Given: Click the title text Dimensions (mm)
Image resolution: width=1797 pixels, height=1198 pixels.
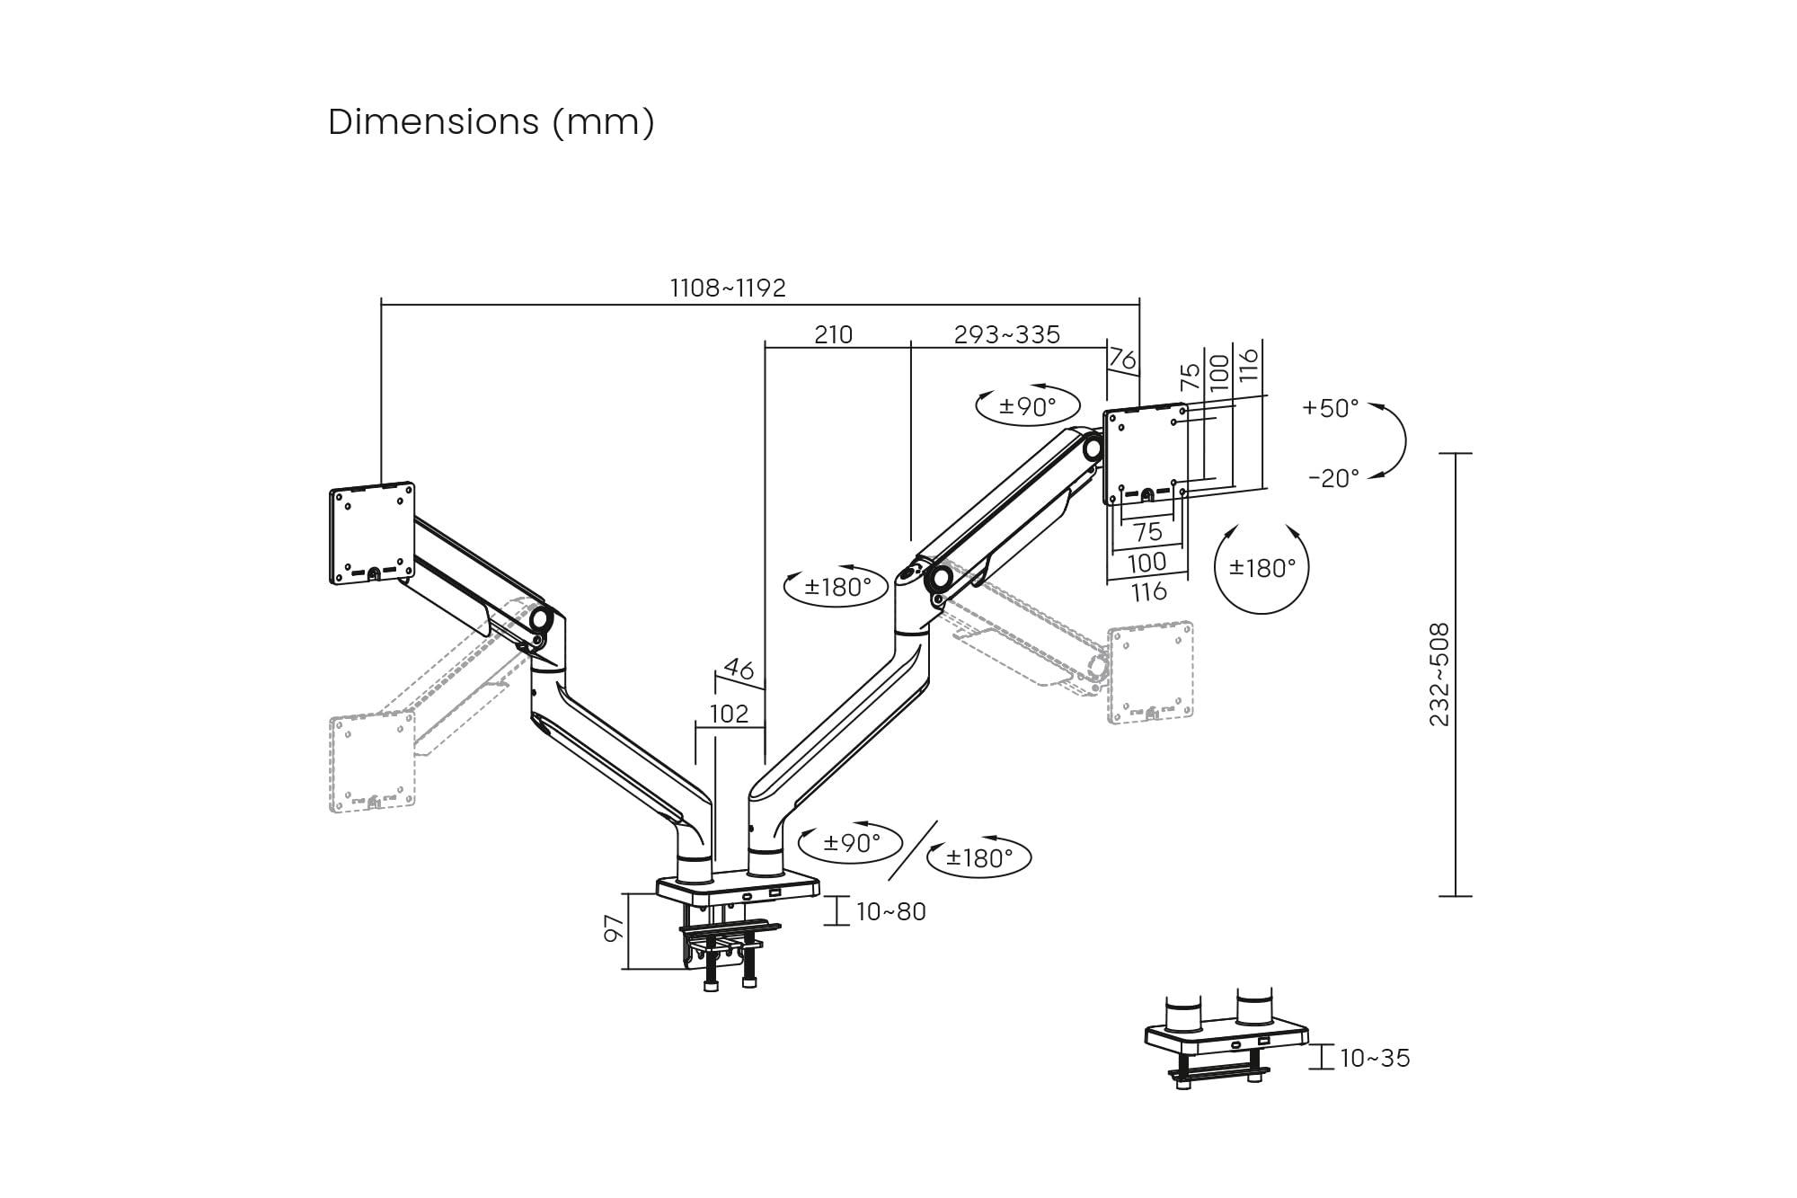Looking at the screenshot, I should pos(491,122).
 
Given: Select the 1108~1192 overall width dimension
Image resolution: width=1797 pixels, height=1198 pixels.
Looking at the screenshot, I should pos(728,288).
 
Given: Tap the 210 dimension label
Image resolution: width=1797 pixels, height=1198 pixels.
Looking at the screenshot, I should pos(833,334).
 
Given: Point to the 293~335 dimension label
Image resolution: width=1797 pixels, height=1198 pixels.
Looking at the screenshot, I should pos(1006,334).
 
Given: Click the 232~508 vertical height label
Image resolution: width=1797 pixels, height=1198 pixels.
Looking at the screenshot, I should pos(1439,674).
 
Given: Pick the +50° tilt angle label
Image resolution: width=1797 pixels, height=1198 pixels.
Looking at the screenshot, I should pos(1331,408).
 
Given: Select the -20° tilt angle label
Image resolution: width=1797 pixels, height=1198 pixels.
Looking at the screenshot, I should pos(1333,478).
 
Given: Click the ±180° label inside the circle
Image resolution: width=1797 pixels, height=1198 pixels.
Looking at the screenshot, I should pos(1262,568).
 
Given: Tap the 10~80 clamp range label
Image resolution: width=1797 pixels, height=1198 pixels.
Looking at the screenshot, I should pos(890,911).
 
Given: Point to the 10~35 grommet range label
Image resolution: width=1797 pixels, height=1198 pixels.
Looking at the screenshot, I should pos(1375,1058).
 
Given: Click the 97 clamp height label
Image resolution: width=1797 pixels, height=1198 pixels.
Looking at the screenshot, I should pos(614,929).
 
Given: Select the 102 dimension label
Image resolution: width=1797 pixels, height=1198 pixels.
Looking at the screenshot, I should pos(729,714).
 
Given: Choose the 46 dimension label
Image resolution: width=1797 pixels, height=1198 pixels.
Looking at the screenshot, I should pos(739,669).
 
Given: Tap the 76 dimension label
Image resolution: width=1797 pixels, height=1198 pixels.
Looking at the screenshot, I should pos(1122,359).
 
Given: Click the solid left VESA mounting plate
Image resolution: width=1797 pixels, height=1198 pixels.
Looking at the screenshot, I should pos(372,533).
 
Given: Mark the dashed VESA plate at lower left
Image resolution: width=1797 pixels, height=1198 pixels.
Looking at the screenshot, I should pos(372,762).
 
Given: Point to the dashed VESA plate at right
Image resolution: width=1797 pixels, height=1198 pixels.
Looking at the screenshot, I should pos(1150,671).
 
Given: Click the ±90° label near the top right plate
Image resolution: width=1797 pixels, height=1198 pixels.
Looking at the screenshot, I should pos(1028,407).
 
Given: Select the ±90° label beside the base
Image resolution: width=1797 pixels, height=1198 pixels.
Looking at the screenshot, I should pos(851,843).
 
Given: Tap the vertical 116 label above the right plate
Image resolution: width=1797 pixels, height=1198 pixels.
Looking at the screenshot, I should pos(1249,364).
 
